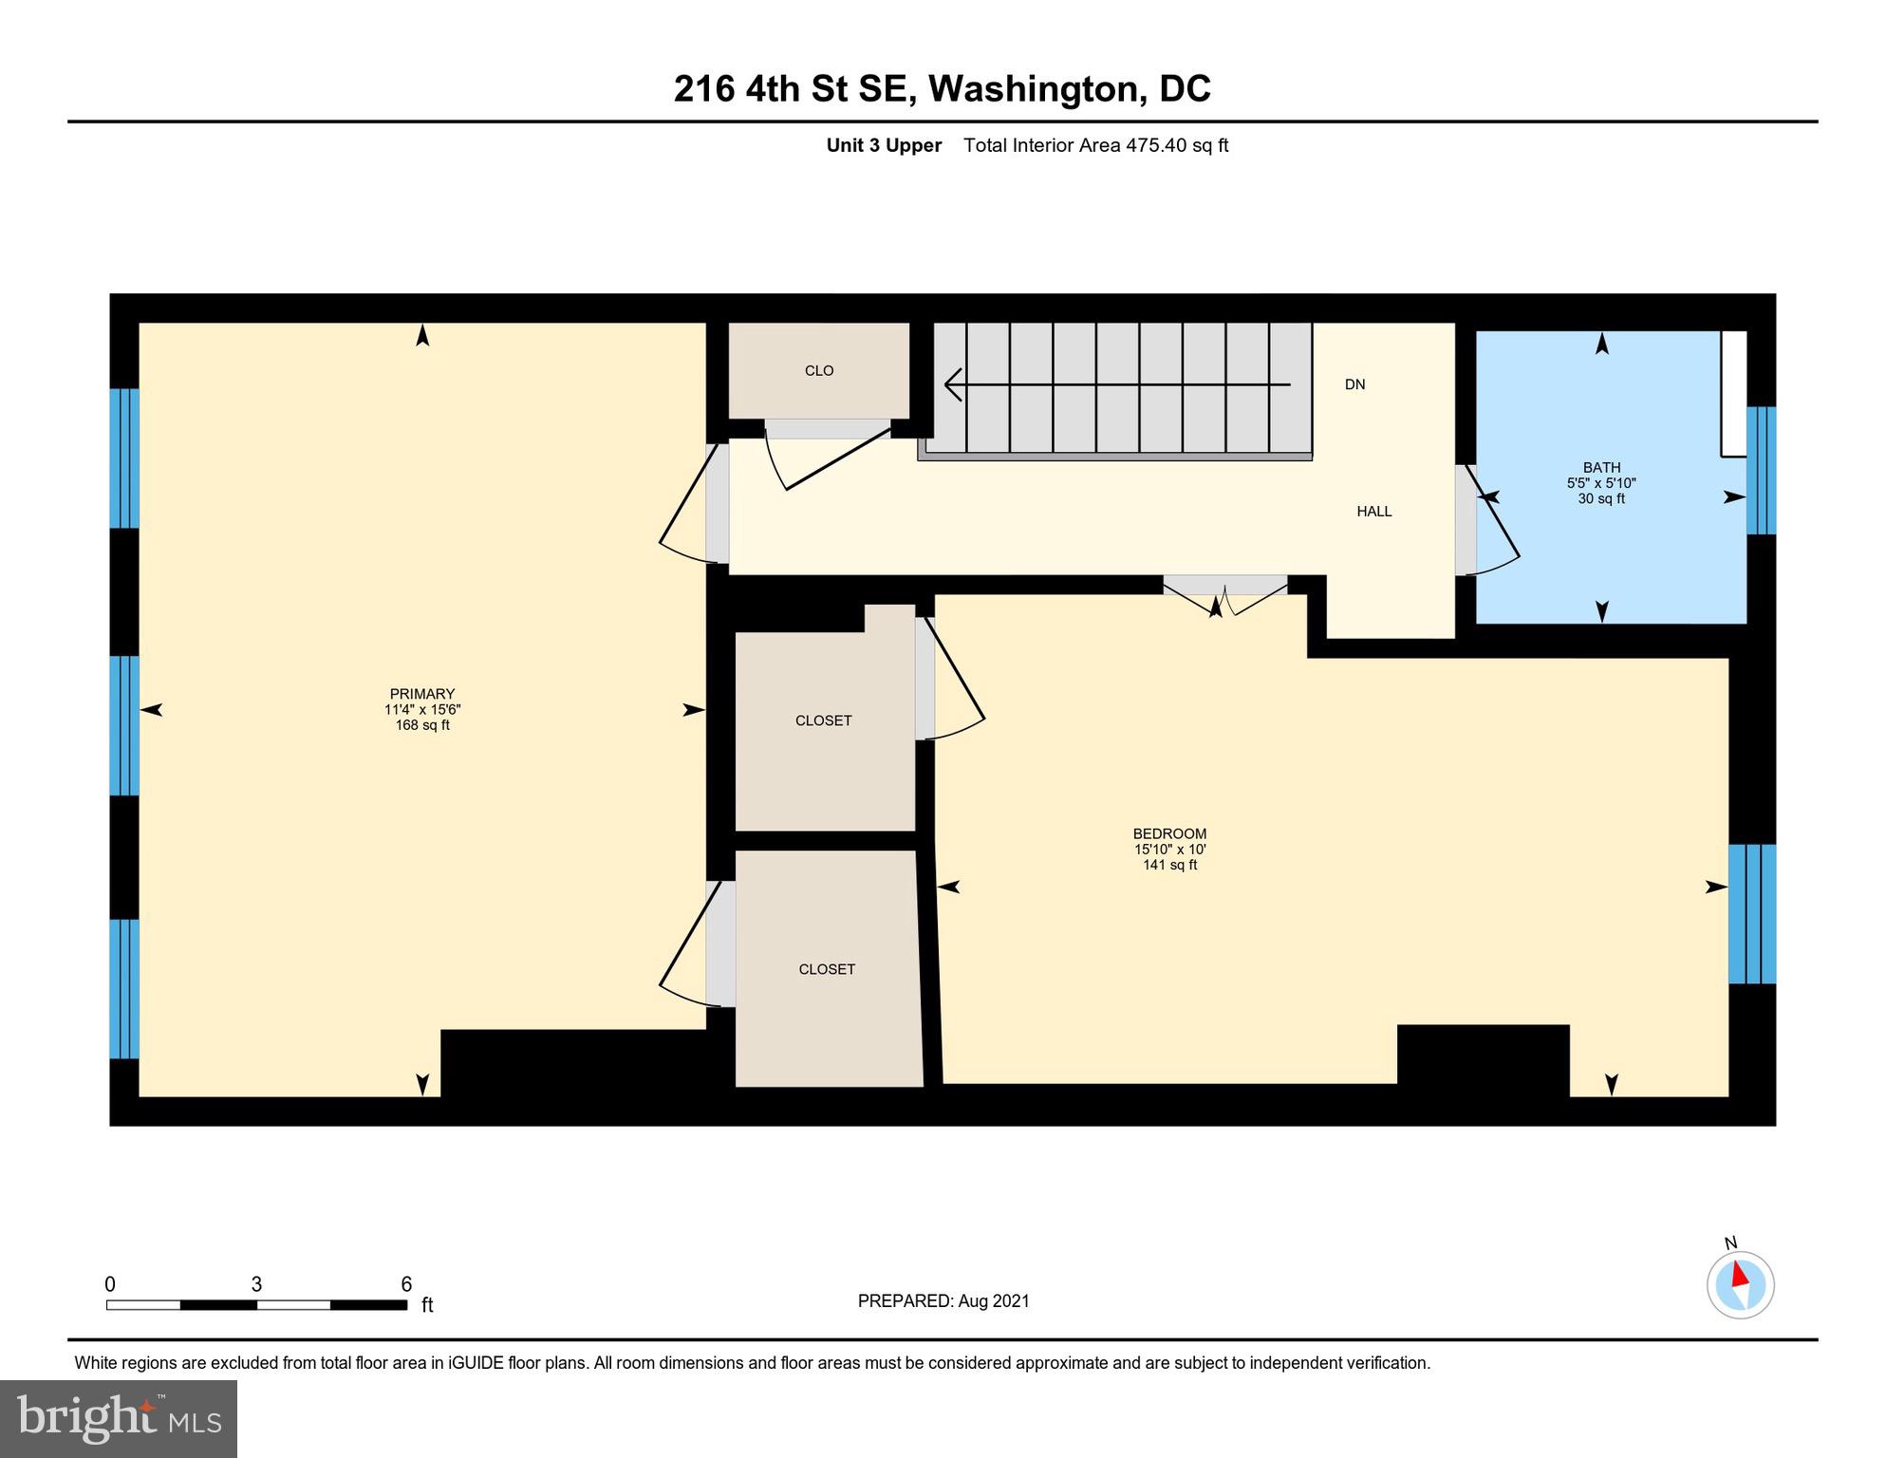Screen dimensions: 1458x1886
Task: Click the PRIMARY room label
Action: point(421,694)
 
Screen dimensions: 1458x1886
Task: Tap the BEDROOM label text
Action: point(1169,834)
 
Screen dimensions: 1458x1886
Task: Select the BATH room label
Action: point(1601,467)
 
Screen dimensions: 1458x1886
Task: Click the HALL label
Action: point(1373,512)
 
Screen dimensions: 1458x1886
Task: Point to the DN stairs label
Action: point(1354,384)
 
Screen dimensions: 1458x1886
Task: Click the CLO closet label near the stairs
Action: point(818,371)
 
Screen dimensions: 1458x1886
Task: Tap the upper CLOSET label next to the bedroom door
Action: point(823,720)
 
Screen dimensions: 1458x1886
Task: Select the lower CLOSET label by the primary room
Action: point(827,969)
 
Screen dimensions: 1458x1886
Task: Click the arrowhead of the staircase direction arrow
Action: point(952,384)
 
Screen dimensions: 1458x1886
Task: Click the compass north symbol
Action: point(1740,1284)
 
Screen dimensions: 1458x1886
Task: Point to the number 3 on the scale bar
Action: point(256,1284)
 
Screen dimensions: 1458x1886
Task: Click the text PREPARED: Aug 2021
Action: point(943,1301)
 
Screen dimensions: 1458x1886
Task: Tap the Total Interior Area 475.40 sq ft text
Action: point(1095,145)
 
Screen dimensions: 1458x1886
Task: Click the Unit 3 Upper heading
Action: point(884,145)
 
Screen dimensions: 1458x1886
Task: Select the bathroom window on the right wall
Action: point(1761,471)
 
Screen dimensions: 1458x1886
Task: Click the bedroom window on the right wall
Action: point(1751,914)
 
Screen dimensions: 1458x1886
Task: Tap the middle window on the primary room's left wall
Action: point(124,726)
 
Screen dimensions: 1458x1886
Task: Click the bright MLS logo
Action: point(119,1418)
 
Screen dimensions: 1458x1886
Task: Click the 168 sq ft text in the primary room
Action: point(421,725)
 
